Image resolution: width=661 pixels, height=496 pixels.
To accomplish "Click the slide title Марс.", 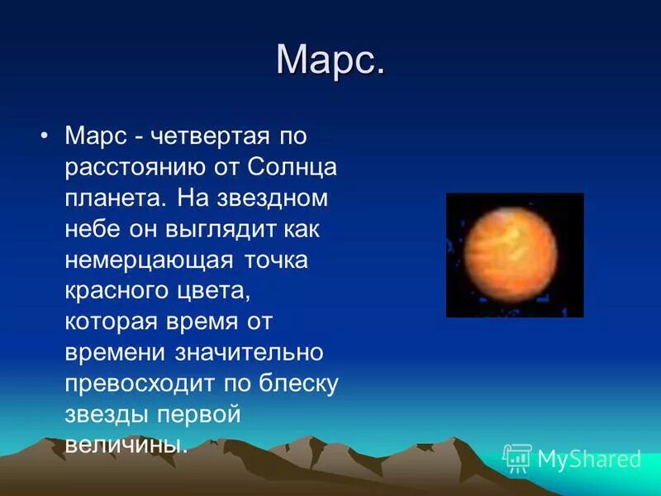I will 330,60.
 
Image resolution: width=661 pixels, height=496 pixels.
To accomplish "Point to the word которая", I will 112,322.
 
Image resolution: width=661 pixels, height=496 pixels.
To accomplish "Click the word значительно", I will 249,353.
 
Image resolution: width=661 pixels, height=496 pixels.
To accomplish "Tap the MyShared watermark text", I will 589,459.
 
